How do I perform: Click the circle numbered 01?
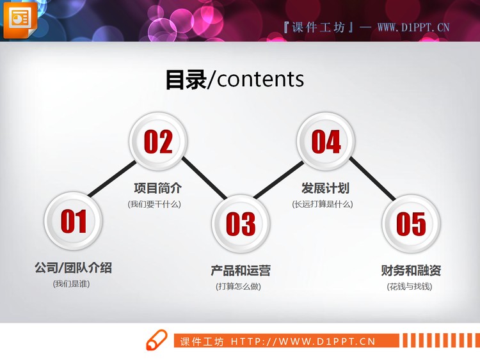click(73, 221)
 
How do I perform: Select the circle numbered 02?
click(158, 141)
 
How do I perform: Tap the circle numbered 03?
click(241, 223)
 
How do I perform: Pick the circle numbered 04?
click(326, 141)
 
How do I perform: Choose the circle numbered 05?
click(411, 223)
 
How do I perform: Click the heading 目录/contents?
click(235, 79)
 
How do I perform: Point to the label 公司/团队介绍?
click(73, 268)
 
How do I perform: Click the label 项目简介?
click(157, 189)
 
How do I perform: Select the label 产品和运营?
click(241, 270)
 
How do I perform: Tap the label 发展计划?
click(325, 189)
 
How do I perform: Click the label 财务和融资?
click(411, 270)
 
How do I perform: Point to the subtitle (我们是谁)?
click(72, 283)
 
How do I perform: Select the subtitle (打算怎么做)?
click(239, 286)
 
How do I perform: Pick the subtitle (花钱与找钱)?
click(410, 286)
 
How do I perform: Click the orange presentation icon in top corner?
click(20, 19)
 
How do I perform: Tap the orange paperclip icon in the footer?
click(156, 340)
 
